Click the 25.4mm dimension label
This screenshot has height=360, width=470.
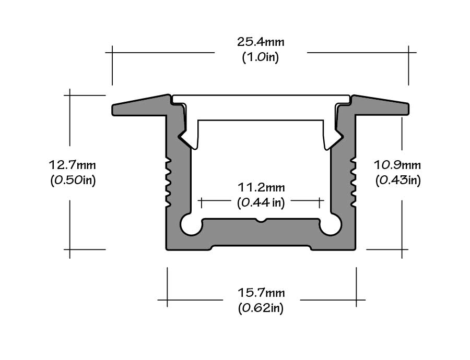[261, 41]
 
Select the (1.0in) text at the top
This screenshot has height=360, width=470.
[261, 57]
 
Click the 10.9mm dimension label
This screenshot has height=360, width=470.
[397, 165]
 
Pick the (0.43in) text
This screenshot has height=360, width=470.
[397, 181]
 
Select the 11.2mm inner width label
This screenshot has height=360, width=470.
[261, 187]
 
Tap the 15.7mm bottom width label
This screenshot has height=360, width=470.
[261, 292]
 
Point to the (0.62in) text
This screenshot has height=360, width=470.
[261, 308]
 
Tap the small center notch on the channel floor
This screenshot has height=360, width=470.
[261, 220]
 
